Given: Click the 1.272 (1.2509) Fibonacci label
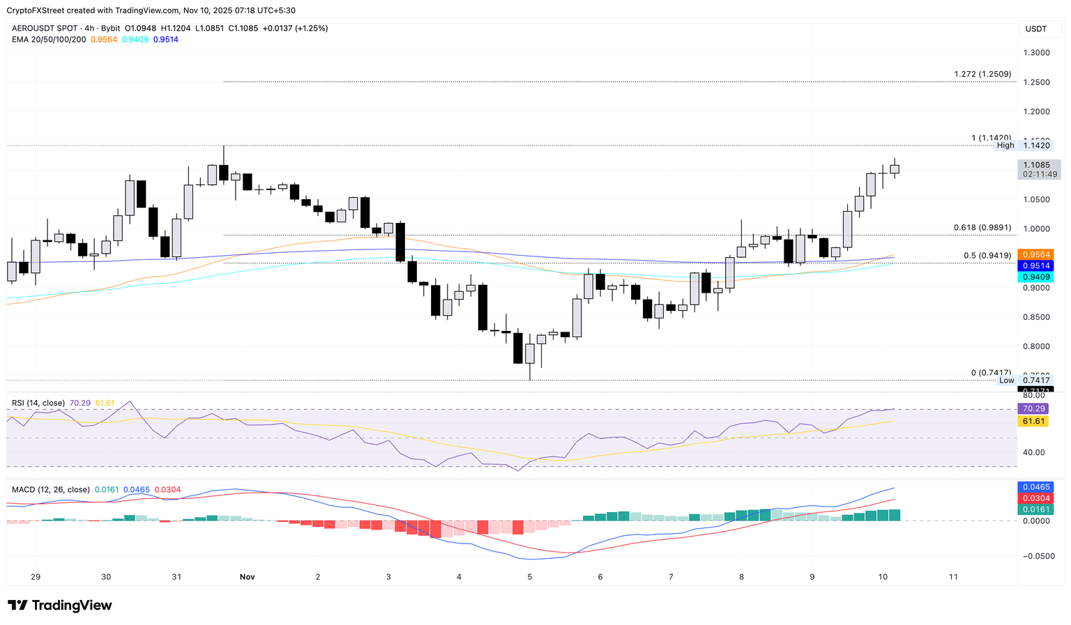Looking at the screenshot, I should (982, 74).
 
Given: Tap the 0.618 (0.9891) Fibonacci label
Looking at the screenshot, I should (982, 228).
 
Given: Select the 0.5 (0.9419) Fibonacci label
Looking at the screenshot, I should (987, 256).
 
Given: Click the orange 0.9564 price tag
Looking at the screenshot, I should (1035, 254).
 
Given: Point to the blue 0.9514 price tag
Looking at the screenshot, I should (1035, 265).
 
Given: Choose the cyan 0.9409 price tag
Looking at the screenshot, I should (1035, 277).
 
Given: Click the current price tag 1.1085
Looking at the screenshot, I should (1035, 165).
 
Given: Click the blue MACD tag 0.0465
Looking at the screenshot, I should (1035, 487).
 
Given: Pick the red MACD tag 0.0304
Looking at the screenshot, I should (1035, 498).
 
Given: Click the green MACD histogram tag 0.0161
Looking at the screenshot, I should (1035, 509).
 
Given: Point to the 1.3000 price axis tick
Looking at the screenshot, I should (1036, 53).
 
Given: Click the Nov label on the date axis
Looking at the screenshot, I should (247, 577).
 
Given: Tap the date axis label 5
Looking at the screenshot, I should (530, 577).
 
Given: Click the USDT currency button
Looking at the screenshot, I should (1035, 29).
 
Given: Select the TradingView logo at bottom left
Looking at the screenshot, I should (60, 605).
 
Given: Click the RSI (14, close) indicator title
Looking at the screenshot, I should (38, 403).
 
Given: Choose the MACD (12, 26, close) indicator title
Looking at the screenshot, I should (51, 490).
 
